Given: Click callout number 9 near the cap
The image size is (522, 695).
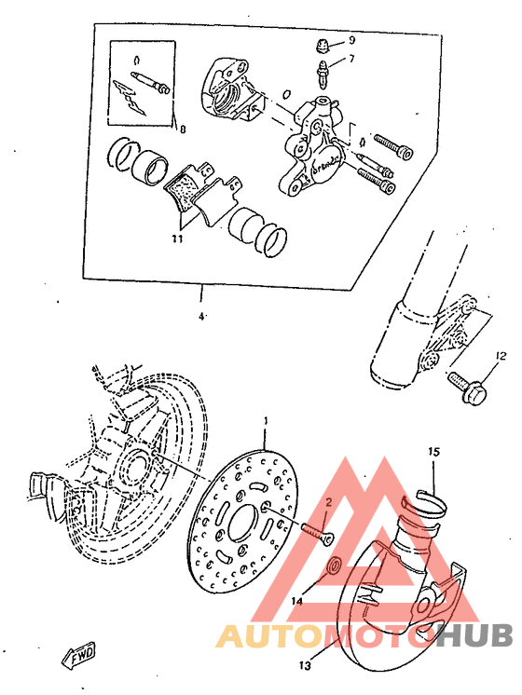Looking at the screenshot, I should click(352, 40).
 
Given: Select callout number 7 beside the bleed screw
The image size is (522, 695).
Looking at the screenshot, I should click(352, 59).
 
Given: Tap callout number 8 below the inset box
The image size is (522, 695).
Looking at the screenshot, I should click(182, 130).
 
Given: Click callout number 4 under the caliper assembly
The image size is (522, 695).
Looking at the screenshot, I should click(201, 316).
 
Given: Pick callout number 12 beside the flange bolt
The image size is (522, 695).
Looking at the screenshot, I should click(500, 356).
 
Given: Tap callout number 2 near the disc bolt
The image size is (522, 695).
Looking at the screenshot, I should click(328, 503).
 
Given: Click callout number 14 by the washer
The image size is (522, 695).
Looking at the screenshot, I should click(296, 602).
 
